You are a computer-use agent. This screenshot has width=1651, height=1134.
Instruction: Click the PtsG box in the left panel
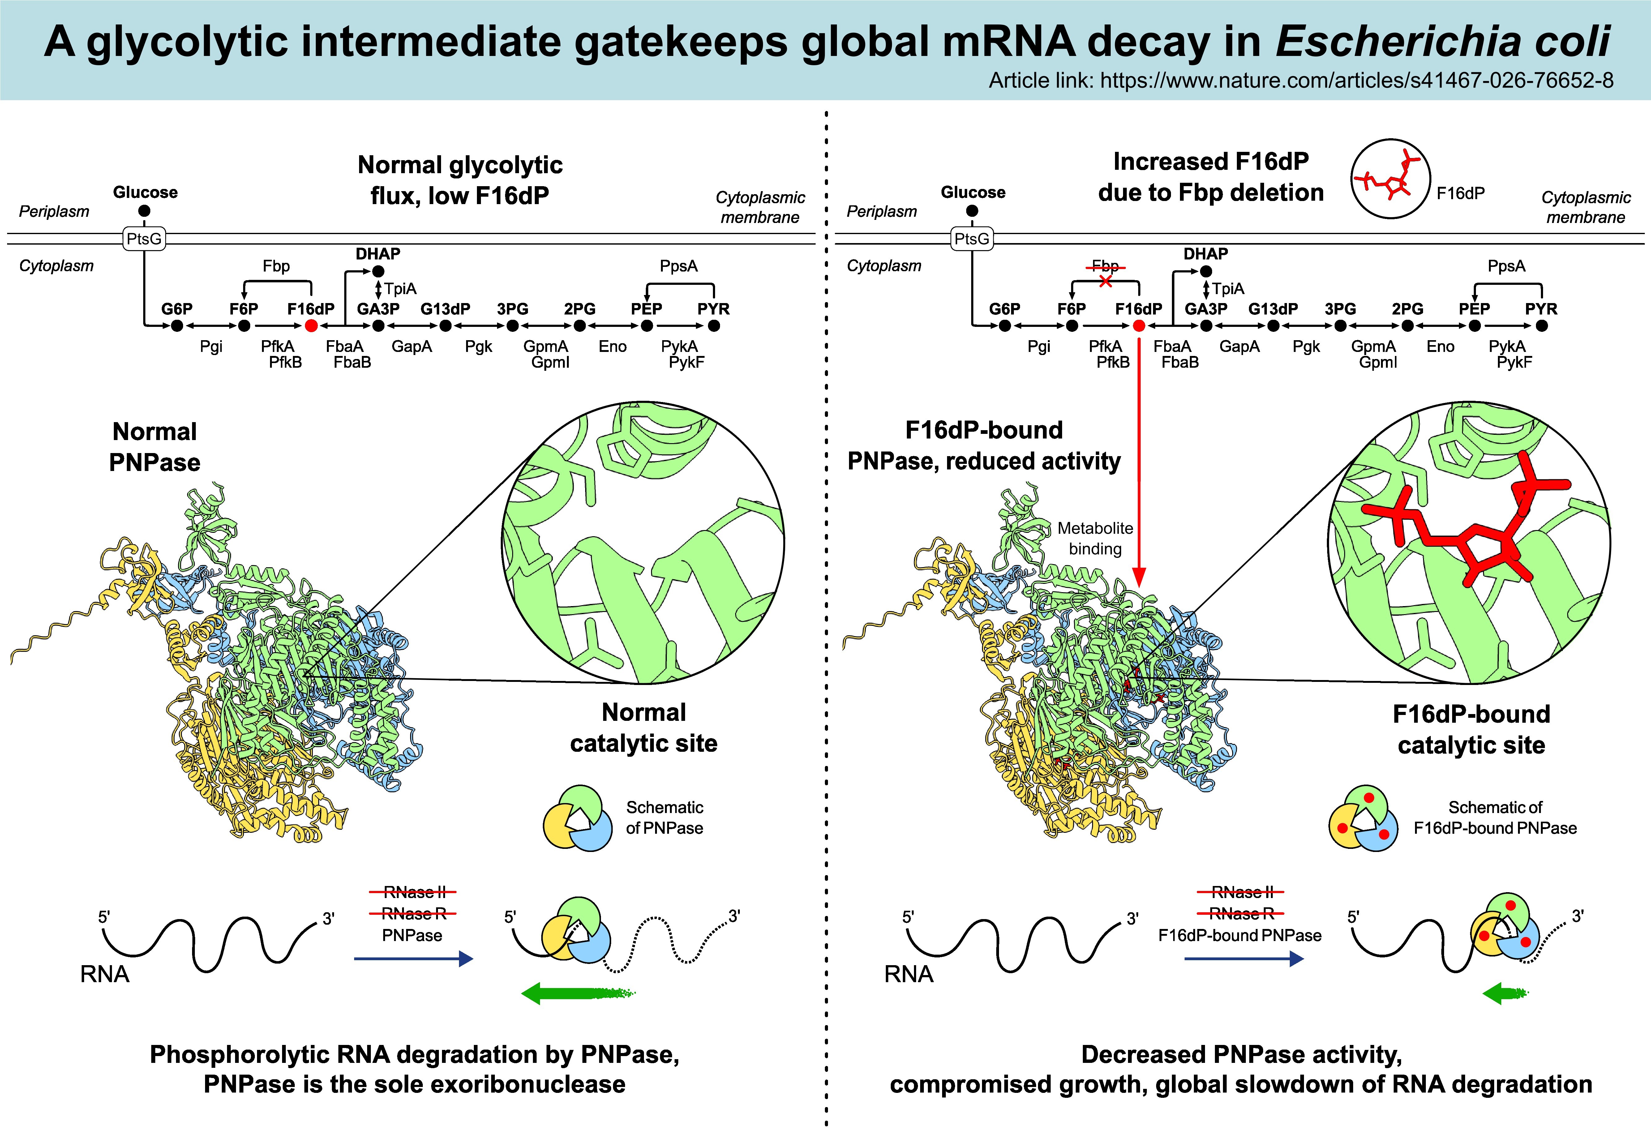[x=144, y=239]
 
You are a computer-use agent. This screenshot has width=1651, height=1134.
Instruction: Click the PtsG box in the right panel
[x=972, y=239]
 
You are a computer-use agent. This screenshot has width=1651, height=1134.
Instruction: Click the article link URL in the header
[x=1357, y=80]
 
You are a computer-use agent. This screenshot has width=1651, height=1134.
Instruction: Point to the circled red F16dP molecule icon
[x=1390, y=178]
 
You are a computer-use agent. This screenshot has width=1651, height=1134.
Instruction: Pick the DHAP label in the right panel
[x=1206, y=254]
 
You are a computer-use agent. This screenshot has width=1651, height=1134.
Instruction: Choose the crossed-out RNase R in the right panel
[x=1240, y=914]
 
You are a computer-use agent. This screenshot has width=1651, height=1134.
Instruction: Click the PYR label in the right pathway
[x=1541, y=309]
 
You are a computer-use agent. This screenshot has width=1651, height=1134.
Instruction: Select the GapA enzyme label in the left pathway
[x=412, y=347]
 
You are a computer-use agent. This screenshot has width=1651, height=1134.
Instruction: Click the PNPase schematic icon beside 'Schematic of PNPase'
[x=577, y=818]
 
